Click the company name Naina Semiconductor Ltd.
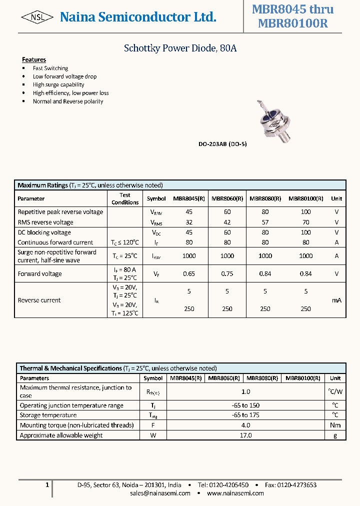click(138, 17)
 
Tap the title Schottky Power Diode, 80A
click(180, 48)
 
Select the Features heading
click(34, 59)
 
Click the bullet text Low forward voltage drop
click(64, 76)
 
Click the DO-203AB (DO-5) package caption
click(222, 144)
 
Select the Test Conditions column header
click(125, 198)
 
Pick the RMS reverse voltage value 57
click(265, 222)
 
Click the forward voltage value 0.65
click(189, 274)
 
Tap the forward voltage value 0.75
click(227, 274)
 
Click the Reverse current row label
click(39, 300)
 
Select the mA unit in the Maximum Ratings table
click(336, 300)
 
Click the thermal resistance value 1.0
click(245, 392)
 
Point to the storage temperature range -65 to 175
click(245, 415)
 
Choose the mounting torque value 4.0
click(245, 425)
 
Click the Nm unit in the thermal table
click(335, 425)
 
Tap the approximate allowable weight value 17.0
click(245, 435)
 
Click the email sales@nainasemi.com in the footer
click(160, 493)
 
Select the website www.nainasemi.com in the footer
click(235, 493)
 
